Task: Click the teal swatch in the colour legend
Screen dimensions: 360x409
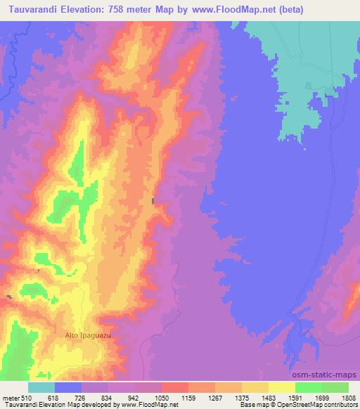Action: click(41, 387)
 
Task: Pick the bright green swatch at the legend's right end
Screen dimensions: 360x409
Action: click(335, 387)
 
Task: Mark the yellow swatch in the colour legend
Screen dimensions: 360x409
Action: click(282, 387)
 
